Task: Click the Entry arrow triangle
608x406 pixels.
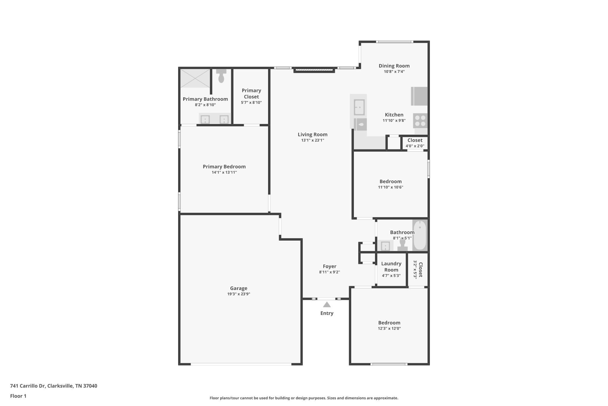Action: tap(327, 305)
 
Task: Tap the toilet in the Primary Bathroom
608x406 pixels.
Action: tap(221, 76)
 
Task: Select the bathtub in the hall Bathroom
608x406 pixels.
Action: tap(419, 235)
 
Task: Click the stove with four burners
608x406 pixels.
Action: tap(420, 121)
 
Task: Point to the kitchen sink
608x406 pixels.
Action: tap(359, 107)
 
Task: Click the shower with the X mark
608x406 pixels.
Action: tap(195, 78)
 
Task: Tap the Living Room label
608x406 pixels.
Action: tap(312, 134)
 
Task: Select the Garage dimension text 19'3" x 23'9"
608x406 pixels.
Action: tap(238, 294)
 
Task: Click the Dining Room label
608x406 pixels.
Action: tap(394, 66)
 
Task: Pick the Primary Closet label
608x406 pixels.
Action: tap(251, 93)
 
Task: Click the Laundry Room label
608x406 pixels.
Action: tap(391, 267)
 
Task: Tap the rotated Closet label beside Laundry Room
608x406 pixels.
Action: tap(420, 269)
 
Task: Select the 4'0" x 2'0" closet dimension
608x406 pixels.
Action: tap(415, 146)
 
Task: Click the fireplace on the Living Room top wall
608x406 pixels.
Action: tap(314, 70)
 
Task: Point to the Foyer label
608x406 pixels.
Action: tap(329, 266)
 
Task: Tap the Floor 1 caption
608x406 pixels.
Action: tap(18, 396)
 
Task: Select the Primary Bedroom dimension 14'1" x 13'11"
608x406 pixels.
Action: tap(224, 172)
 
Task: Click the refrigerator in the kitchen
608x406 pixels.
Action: tap(419, 96)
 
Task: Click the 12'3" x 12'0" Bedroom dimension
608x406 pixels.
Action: tap(389, 328)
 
